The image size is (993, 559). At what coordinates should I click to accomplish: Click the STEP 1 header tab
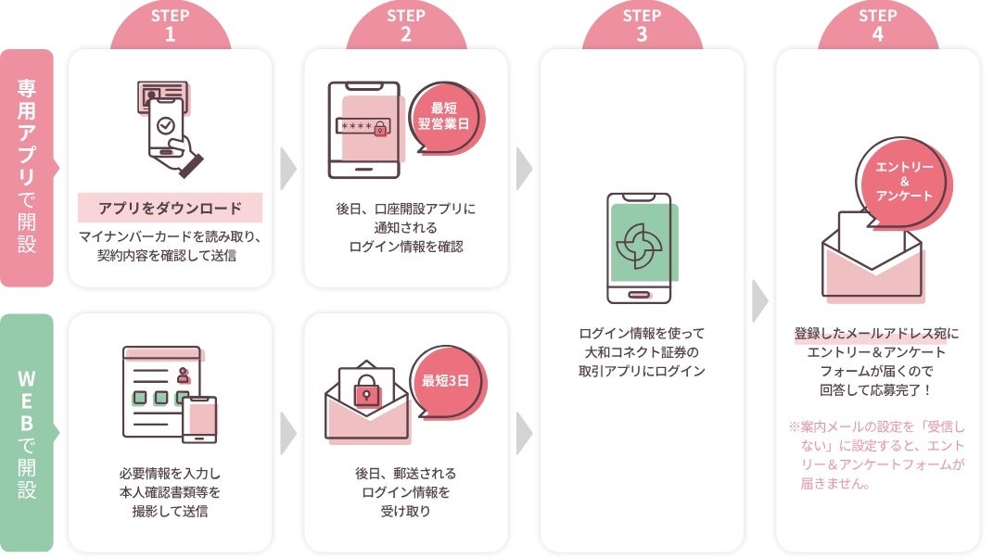[171, 26]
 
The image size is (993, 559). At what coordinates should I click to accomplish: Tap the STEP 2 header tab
[406, 26]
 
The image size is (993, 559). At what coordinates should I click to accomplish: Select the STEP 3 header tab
[642, 26]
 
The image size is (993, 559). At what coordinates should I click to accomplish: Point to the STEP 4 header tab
[877, 26]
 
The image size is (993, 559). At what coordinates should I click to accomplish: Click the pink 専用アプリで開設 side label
[27, 168]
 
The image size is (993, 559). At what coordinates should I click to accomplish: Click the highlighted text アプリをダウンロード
[170, 208]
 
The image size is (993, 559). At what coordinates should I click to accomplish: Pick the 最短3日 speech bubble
[450, 381]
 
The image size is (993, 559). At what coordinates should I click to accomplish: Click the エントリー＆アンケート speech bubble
[903, 181]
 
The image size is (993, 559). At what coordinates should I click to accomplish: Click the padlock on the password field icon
[379, 129]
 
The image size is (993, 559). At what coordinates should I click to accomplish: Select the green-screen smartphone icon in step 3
[640, 248]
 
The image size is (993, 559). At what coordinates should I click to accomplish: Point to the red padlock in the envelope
[367, 393]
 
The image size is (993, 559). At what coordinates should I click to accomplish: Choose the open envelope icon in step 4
[871, 260]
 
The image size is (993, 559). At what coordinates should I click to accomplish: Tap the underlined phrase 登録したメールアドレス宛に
[877, 334]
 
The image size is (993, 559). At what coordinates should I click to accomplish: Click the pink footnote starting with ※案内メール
[877, 455]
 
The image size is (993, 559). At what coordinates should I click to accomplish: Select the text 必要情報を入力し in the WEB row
[171, 473]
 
